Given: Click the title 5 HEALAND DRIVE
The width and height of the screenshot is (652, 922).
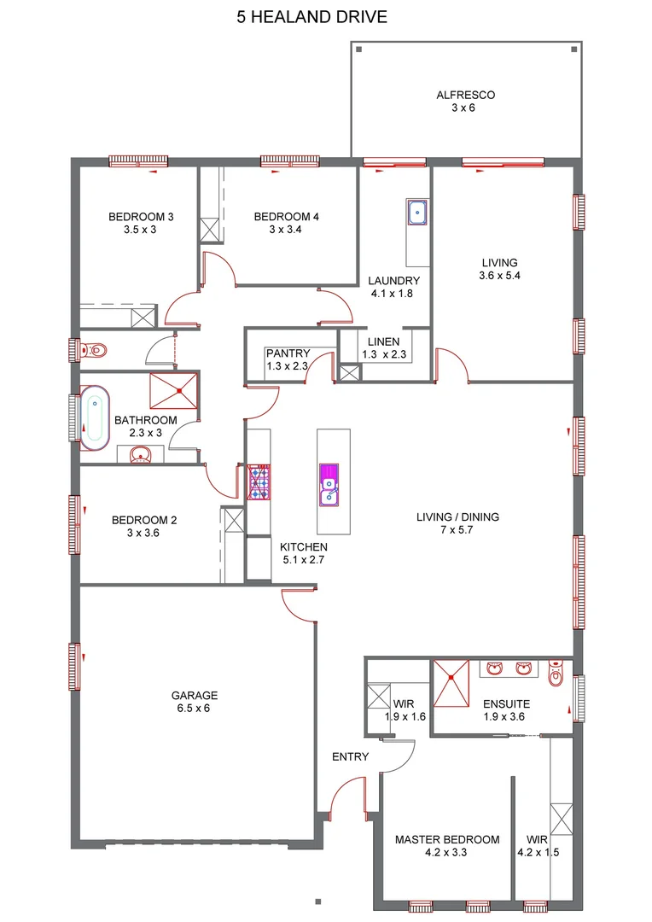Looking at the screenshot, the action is [x=311, y=17].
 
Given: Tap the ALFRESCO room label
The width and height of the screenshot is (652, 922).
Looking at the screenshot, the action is [x=465, y=95].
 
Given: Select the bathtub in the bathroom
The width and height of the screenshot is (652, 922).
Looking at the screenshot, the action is [x=95, y=418].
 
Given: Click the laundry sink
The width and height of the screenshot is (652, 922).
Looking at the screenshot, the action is [x=417, y=212].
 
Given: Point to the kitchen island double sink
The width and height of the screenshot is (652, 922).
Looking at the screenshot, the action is [x=329, y=485].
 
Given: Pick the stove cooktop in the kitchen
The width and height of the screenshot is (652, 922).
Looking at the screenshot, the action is [x=259, y=482].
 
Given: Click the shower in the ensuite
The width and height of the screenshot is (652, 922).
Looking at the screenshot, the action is [x=451, y=683].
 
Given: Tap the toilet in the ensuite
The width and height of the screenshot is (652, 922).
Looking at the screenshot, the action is [x=556, y=674].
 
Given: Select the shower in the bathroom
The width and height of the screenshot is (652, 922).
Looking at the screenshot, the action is [x=173, y=391].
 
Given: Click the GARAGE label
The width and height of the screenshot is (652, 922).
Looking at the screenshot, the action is [x=195, y=695].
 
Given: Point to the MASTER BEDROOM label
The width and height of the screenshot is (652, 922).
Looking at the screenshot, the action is [x=447, y=840].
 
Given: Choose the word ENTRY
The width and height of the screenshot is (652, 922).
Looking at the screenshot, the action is [x=351, y=756].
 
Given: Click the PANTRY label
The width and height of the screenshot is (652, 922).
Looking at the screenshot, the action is [x=288, y=353].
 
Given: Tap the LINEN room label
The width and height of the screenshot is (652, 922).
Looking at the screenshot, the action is [x=383, y=341].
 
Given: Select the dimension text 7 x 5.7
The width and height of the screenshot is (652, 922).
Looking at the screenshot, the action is [x=457, y=530].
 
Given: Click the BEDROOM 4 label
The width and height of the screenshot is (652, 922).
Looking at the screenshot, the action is [x=286, y=216].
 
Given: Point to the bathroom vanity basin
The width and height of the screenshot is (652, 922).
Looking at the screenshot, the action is [x=140, y=454].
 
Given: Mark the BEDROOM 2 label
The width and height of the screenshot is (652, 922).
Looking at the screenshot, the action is [x=144, y=520].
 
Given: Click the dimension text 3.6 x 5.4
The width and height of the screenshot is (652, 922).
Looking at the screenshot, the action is [x=500, y=275].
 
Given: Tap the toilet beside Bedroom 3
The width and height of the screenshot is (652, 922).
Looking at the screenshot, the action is [x=94, y=351].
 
